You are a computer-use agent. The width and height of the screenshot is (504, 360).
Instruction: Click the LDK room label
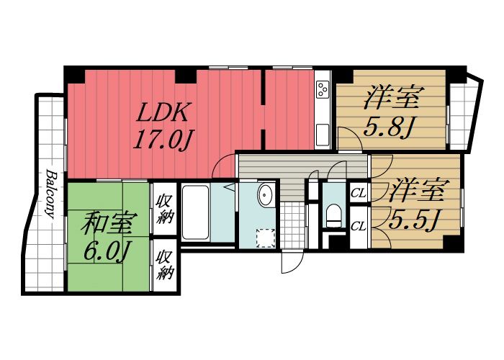[x=163, y=112]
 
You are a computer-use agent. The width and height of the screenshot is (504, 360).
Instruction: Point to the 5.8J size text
[x=387, y=129]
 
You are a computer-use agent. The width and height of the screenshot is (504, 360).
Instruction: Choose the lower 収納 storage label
[x=165, y=264]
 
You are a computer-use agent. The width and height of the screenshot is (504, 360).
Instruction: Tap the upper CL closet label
[x=357, y=194]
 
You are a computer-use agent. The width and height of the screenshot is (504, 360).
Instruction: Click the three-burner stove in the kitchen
[x=323, y=89]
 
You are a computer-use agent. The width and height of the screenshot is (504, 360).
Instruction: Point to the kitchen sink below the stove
[x=323, y=133]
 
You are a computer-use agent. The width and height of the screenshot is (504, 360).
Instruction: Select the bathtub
[x=196, y=214]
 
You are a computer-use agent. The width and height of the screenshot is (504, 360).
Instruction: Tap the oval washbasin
[x=265, y=194]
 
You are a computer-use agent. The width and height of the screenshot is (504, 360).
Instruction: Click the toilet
[x=334, y=214]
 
